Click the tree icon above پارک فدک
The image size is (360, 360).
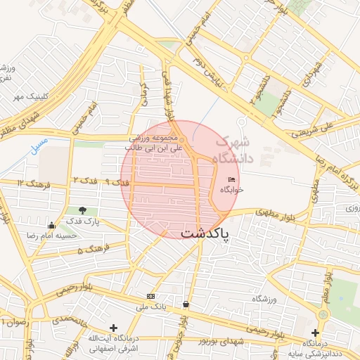point(84,210)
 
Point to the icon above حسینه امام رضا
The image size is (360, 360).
point(51,226)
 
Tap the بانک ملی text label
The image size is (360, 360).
point(150,307)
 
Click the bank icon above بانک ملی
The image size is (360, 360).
point(150,296)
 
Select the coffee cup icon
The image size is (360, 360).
point(186,304)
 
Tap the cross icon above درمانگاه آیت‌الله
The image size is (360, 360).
point(114,328)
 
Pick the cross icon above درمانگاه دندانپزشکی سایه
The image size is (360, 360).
point(315,332)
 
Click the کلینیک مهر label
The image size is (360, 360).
point(20,96)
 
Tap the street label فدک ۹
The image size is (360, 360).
point(117,182)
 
